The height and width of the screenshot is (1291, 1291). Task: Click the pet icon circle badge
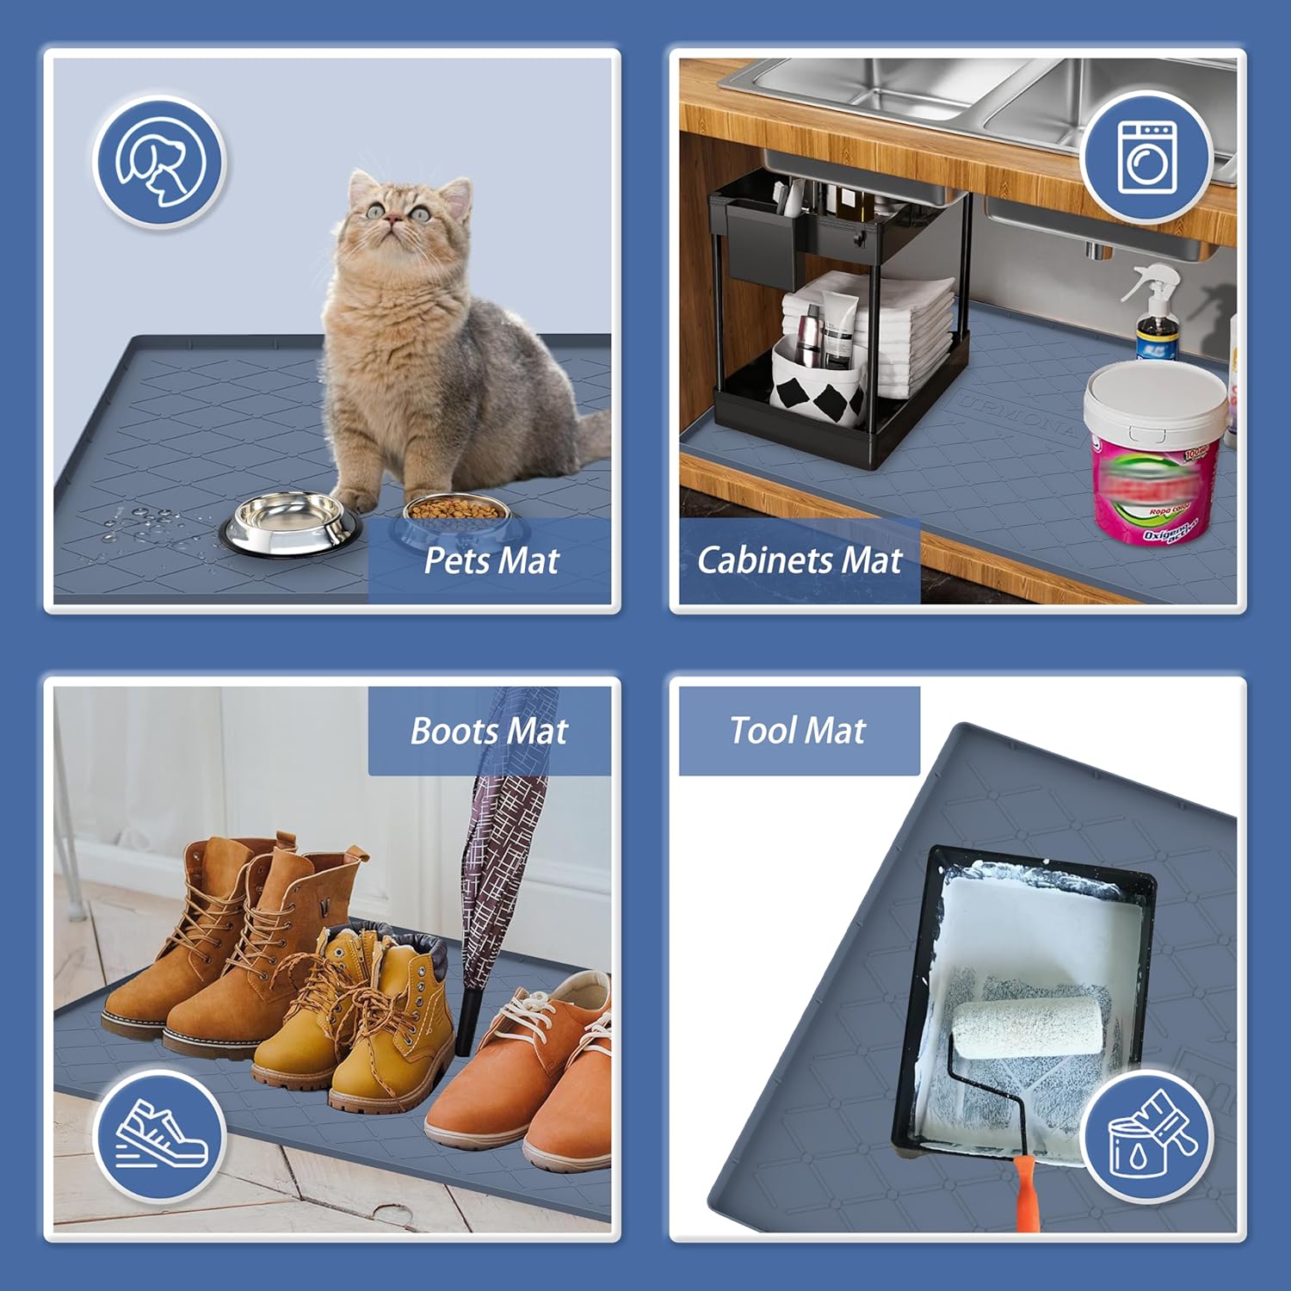click(x=159, y=162)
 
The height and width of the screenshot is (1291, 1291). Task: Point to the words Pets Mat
click(x=491, y=561)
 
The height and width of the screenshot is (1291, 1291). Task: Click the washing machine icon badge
click(x=1146, y=158)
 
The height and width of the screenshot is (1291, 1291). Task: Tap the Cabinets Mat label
click(x=800, y=560)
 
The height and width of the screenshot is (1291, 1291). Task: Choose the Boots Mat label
click(x=490, y=732)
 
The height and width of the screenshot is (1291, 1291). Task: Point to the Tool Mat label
click(x=798, y=731)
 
